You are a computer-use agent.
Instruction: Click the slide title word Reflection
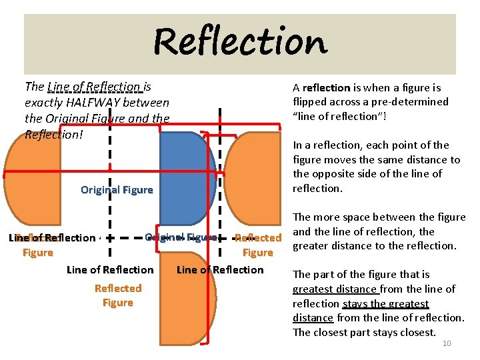tap(240, 42)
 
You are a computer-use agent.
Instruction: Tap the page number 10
tap(447, 343)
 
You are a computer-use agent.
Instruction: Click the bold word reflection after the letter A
tap(326, 87)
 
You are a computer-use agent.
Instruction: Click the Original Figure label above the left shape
tap(117, 190)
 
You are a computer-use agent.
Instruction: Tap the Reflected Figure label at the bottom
tap(118, 295)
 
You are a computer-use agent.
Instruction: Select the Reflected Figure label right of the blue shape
tap(258, 245)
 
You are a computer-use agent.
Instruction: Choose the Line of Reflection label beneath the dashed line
tap(110, 269)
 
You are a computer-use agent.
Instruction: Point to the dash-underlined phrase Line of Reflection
tap(94, 86)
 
